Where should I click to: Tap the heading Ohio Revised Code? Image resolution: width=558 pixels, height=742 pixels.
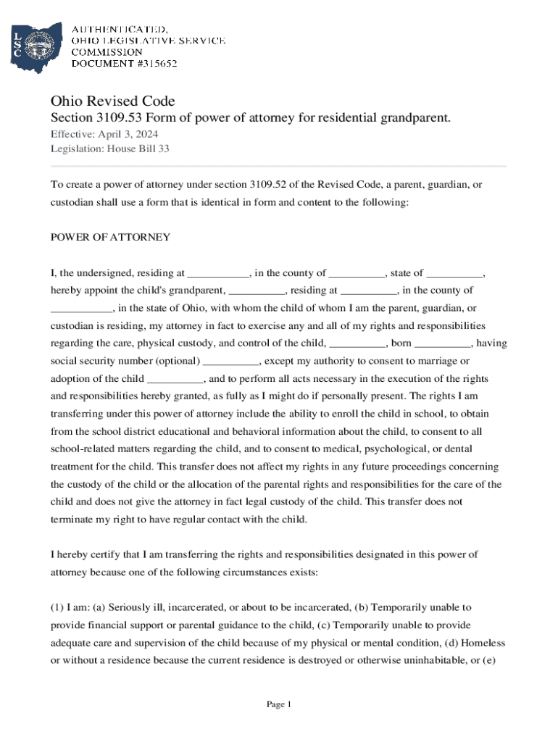(112, 101)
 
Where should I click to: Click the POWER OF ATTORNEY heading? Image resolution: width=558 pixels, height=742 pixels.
(110, 238)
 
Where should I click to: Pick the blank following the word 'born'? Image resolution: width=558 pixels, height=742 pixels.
(443, 344)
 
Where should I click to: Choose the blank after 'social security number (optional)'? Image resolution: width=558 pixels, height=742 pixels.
(230, 362)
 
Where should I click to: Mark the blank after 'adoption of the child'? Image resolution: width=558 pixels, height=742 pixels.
(175, 379)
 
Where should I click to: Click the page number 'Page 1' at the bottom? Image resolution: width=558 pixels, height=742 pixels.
(278, 704)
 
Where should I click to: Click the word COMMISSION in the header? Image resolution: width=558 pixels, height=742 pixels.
(106, 52)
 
